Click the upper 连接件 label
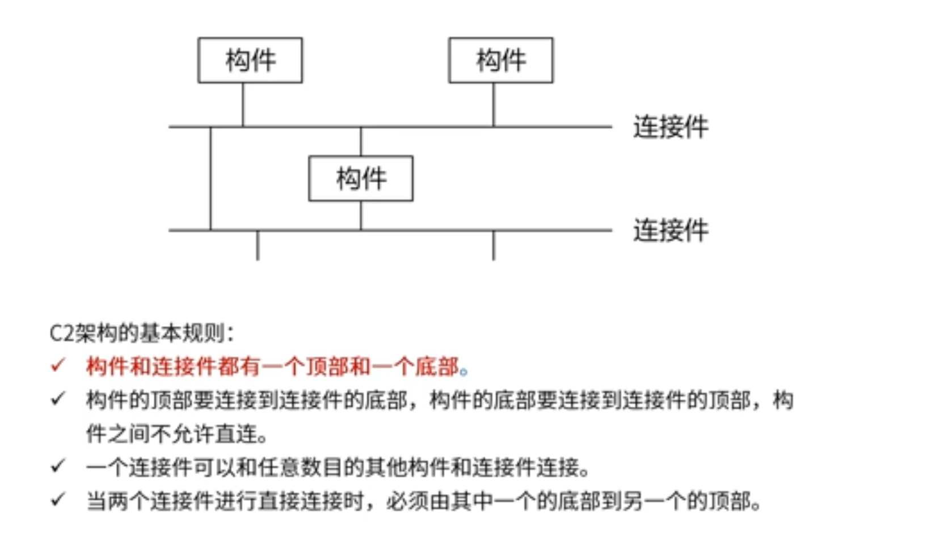[x=671, y=126]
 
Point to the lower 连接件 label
[x=671, y=230]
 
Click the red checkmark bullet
[x=58, y=365]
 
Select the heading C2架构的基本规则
[x=142, y=333]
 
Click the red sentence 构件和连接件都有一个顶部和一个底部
[x=272, y=366]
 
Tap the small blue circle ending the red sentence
[x=464, y=371]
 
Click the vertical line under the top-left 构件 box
[x=243, y=104]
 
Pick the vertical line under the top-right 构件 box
[x=494, y=104]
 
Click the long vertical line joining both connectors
[x=210, y=179]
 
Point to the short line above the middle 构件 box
[x=361, y=142]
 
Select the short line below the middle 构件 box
[x=361, y=215]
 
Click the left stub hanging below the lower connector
[x=258, y=246]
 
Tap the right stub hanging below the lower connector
[x=494, y=246]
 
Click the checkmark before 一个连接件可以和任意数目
[x=58, y=466]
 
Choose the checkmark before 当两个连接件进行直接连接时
[x=58, y=500]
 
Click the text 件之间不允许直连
[x=176, y=434]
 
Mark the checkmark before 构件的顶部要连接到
[x=58, y=399]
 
